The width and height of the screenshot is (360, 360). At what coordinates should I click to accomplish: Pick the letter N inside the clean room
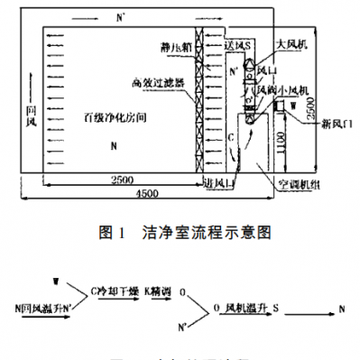click(113, 145)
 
